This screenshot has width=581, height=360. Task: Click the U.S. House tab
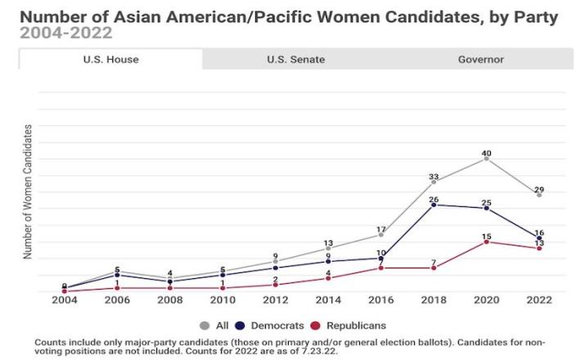coord(110,59)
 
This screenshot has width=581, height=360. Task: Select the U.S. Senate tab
coord(295,59)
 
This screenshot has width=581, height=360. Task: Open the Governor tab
coord(480,59)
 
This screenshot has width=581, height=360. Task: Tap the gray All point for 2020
coord(487,158)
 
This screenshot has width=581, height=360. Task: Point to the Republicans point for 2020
coord(487,241)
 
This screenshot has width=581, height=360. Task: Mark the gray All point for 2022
coord(539,195)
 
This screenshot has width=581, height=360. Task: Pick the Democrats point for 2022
coord(539,238)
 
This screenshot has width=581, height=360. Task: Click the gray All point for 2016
coord(381,235)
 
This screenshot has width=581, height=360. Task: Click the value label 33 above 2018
coord(434,177)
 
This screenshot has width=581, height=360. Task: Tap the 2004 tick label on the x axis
coord(64,300)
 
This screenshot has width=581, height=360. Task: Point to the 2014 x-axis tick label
coord(328,300)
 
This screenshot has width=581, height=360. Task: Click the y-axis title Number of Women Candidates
coord(28,191)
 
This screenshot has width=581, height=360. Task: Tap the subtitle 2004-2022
coord(66,33)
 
